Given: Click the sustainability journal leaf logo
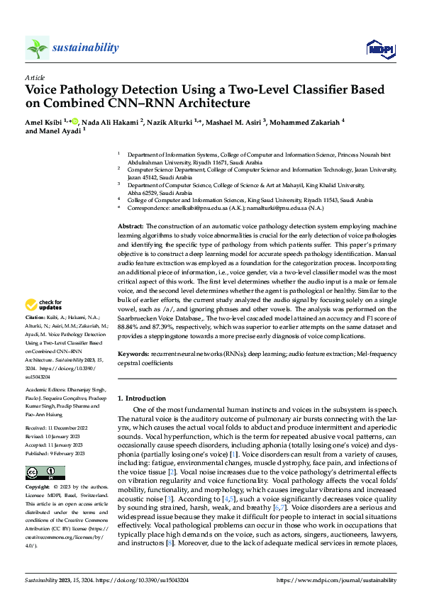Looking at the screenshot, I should (37, 48).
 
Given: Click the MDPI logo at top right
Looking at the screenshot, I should (379, 48).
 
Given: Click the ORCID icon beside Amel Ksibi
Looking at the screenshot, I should (76, 122).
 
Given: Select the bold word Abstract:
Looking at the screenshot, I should (131, 225).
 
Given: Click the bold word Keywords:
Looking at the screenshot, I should (134, 352).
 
